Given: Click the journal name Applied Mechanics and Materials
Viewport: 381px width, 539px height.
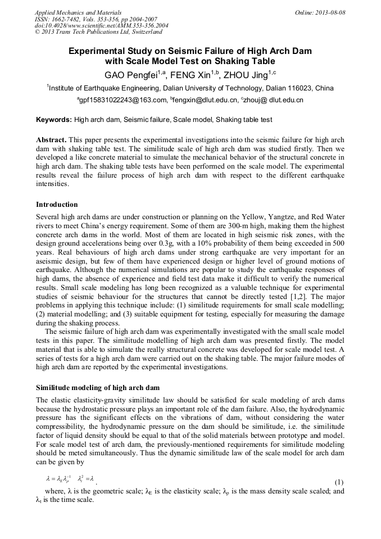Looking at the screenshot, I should (x=78, y=12).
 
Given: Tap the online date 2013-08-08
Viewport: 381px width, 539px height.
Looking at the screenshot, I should (x=330, y=12).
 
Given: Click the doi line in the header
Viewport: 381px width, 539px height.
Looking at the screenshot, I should (x=93, y=26).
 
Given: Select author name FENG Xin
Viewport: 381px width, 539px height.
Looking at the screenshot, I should (x=188, y=74).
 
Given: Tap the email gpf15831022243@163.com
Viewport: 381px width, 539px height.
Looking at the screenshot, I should (x=122, y=100).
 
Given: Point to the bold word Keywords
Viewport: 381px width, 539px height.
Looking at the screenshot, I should (x=53, y=120).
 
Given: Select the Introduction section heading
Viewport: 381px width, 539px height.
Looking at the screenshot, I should (x=57, y=204).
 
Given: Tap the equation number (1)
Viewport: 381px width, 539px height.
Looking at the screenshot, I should (x=339, y=482).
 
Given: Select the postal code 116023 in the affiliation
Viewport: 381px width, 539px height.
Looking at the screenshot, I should (x=297, y=88).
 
